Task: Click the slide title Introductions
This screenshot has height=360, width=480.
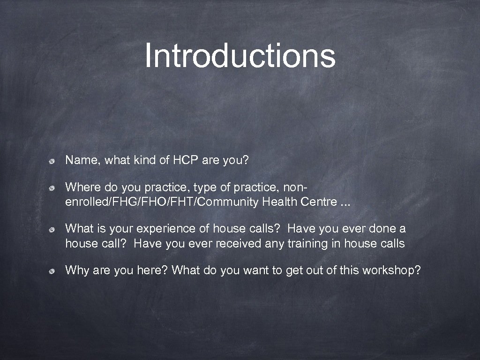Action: [x=240, y=55]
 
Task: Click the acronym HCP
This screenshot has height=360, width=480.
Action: [x=186, y=161]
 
